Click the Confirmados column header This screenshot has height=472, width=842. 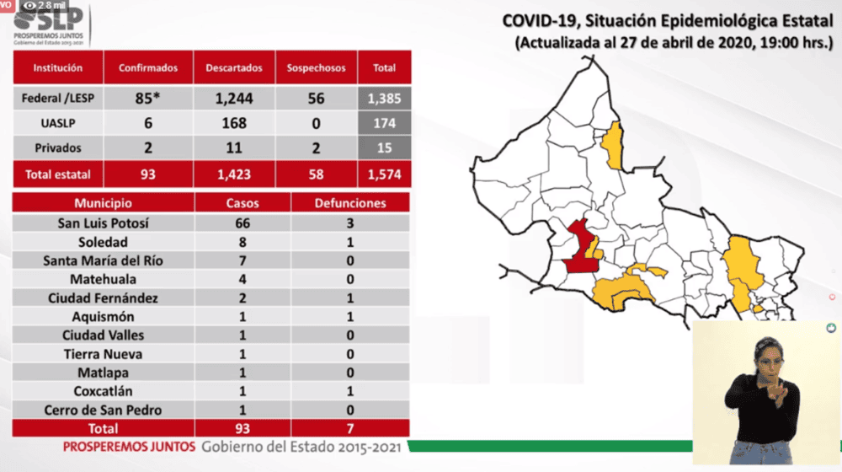pos(147,67)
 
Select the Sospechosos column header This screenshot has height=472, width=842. pos(316,67)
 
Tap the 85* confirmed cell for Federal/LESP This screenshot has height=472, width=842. pos(147,98)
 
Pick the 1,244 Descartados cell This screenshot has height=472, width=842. pos(234,98)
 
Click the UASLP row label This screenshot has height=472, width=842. pos(58,123)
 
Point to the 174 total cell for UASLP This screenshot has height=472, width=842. pos(385,123)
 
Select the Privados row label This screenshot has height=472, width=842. pos(58,147)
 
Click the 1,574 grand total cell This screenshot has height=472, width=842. pos(385,174)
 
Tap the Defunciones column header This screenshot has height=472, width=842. pos(350,203)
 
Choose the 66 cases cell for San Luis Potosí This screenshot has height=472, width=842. pos(242,223)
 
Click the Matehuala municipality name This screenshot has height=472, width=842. pos(103,279)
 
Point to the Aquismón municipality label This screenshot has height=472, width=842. pos(103,317)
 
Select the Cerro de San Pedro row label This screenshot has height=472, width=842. pos(103,410)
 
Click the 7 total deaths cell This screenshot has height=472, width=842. pos(350,428)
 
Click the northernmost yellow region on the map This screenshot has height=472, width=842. pos(613,145)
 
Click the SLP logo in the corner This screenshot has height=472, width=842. pos(49,24)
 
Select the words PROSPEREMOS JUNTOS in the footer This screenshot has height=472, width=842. pos(129,447)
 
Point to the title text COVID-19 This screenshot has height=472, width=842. pos(541,21)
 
